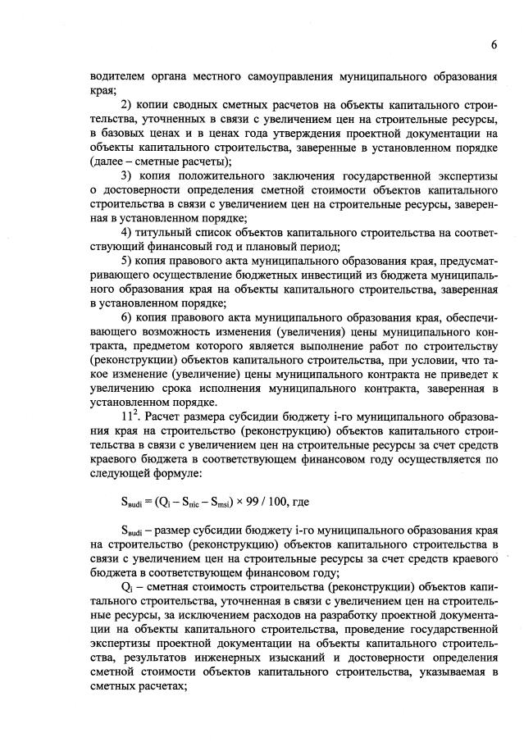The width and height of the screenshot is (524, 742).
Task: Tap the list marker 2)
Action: click(127, 104)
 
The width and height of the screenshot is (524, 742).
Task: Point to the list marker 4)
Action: click(127, 233)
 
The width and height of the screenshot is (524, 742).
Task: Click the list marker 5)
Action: click(127, 261)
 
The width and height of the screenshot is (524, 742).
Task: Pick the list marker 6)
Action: click(127, 318)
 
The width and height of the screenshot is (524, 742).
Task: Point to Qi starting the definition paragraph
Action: click(126, 588)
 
